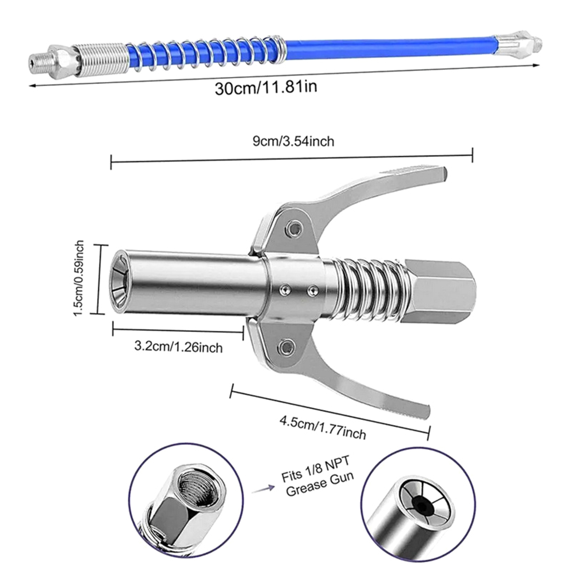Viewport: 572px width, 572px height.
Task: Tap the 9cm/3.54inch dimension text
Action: point(294,141)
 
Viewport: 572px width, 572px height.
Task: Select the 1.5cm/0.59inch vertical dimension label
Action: point(79,278)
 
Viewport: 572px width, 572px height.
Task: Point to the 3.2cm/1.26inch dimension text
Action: point(178,347)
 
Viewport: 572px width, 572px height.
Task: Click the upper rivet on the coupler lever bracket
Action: point(295,227)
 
